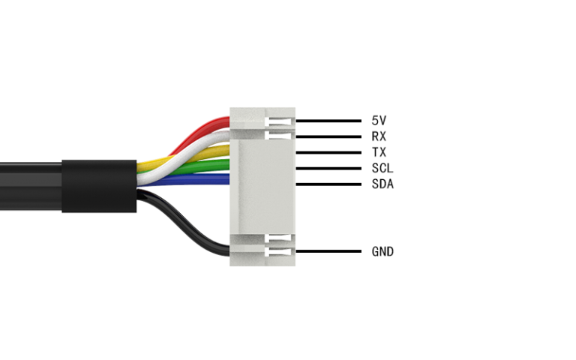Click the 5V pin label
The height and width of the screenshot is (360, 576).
pos(379,120)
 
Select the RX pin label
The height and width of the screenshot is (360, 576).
pos(379,136)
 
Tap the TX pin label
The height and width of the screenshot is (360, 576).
pos(379,152)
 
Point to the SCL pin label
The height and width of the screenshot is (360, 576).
pos(382,168)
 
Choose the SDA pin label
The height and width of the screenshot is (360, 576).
pos(382,184)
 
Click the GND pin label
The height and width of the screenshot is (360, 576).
pos(382,251)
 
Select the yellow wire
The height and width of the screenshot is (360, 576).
pos(154,160)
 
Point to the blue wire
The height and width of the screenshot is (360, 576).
pos(187,179)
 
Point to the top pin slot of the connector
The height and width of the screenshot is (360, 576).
pos(281,120)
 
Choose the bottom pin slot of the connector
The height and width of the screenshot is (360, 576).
pos(281,251)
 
